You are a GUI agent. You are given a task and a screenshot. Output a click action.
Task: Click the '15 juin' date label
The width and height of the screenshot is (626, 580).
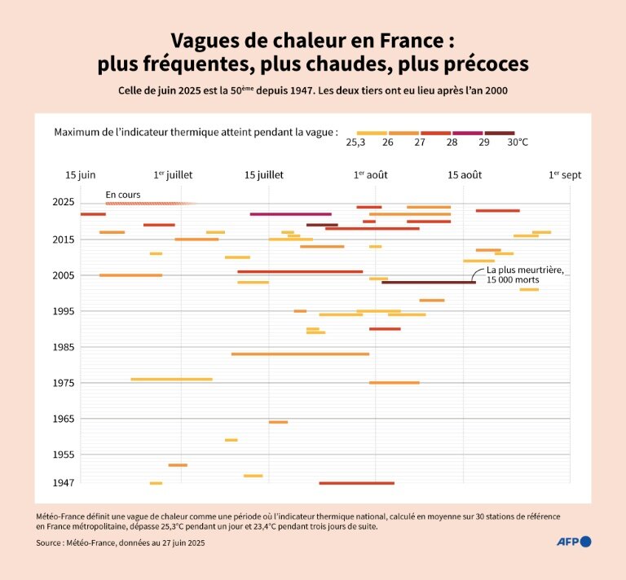(x=81, y=175)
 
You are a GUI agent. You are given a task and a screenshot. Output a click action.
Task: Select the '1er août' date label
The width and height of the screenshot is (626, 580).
(x=371, y=175)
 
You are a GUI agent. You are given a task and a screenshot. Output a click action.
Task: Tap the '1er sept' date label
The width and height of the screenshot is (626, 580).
(x=565, y=175)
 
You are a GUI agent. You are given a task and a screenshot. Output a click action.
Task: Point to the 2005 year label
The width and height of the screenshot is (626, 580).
(x=64, y=275)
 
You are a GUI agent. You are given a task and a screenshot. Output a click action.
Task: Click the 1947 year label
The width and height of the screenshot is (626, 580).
(x=64, y=482)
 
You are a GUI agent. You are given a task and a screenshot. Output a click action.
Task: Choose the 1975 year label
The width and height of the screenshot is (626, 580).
(x=64, y=383)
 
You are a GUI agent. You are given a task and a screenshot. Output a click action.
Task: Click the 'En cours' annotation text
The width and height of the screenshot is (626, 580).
(x=123, y=195)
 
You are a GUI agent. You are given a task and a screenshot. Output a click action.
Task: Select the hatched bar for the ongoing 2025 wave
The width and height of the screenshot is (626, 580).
(x=150, y=204)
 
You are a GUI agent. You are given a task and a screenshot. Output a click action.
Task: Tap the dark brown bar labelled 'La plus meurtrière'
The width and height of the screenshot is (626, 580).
(x=428, y=283)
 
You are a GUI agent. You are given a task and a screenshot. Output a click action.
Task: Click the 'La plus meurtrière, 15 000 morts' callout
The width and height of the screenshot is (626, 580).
(x=523, y=275)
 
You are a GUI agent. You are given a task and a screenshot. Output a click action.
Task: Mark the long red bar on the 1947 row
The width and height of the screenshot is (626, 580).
(x=356, y=483)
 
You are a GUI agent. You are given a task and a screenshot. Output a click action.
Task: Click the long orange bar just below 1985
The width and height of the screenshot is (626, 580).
(x=300, y=354)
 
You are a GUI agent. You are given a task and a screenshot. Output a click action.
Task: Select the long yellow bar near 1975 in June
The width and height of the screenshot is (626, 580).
(x=171, y=380)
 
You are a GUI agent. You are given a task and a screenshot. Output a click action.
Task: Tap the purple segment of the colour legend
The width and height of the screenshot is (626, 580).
(x=467, y=133)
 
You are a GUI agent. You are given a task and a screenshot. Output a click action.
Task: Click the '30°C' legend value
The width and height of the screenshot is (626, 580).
(x=518, y=143)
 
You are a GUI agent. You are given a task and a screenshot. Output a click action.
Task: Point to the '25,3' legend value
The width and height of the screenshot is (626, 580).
(x=356, y=143)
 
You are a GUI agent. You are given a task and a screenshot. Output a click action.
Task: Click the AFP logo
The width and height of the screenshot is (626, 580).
(x=573, y=542)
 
